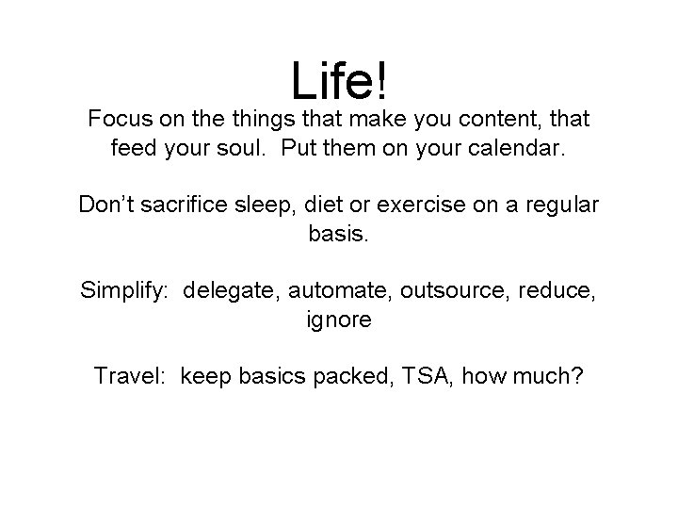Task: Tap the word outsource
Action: coord(452,289)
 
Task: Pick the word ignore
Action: coord(339,319)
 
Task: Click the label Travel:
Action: coord(131,375)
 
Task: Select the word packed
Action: coord(349,375)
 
